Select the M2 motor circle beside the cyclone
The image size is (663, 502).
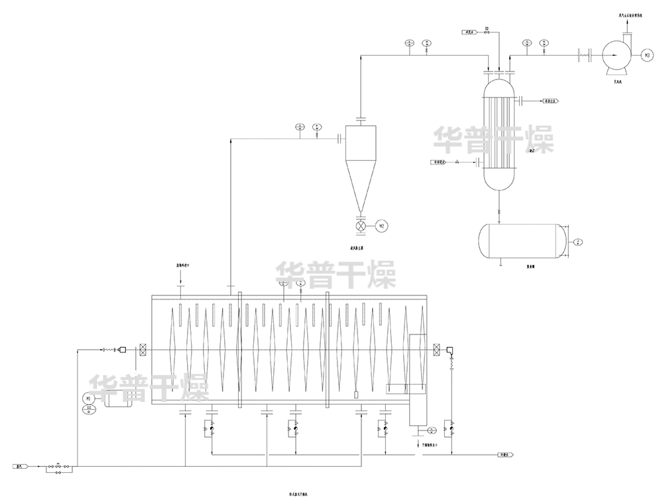coord(381,226)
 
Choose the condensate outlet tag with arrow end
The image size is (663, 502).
coord(507,455)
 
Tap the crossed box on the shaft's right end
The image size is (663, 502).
coord(437,349)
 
